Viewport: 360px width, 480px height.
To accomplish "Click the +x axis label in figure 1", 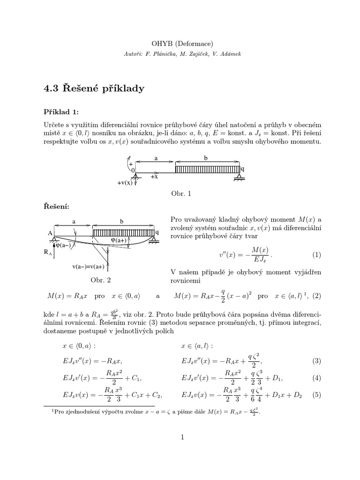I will (154, 177).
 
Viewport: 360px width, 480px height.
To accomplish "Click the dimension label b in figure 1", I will (205, 158).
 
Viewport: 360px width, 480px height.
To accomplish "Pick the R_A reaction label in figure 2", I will (48, 252).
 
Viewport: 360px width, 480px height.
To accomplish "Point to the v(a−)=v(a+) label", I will (88, 267).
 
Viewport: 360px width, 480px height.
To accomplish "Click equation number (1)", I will (316, 255).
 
